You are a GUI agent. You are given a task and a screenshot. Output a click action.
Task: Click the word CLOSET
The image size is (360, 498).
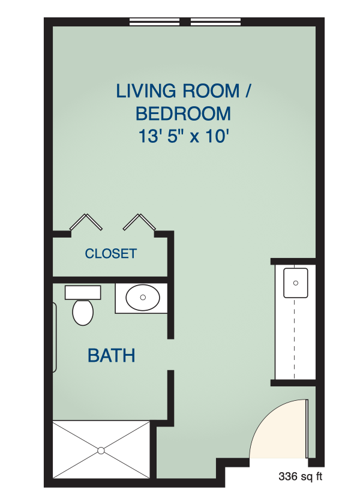(111, 253)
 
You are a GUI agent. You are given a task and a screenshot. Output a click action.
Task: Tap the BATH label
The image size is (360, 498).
(111, 355)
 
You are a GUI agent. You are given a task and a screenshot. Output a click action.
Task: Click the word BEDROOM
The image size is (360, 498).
(184, 114)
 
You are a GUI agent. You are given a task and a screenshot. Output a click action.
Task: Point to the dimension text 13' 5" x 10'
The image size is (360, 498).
(184, 136)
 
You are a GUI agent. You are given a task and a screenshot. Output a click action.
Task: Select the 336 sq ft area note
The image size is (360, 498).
(301, 476)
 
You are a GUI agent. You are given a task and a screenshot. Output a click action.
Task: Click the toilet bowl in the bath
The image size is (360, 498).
(83, 313)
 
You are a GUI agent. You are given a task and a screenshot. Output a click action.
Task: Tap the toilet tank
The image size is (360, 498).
(83, 293)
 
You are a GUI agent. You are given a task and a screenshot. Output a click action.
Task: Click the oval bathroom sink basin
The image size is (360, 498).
(143, 298)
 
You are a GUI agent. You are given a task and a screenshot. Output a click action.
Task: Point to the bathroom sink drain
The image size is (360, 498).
(143, 298)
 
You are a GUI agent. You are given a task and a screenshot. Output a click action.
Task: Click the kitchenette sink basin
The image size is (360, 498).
(295, 283)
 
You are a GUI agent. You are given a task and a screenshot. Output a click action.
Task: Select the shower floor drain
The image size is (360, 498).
(101, 451)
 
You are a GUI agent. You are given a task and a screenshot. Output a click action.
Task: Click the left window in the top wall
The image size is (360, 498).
(154, 22)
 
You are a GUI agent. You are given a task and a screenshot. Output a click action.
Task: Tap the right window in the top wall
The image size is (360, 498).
(216, 22)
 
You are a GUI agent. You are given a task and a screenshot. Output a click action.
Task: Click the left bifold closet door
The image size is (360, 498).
(86, 222)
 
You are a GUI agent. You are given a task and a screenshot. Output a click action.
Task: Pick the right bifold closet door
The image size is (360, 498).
(139, 222)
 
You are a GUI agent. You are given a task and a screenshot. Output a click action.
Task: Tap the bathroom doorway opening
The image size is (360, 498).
(170, 355)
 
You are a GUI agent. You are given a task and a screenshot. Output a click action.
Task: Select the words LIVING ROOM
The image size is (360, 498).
(178, 91)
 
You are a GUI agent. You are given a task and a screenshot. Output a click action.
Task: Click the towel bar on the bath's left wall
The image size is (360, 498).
(55, 337)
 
